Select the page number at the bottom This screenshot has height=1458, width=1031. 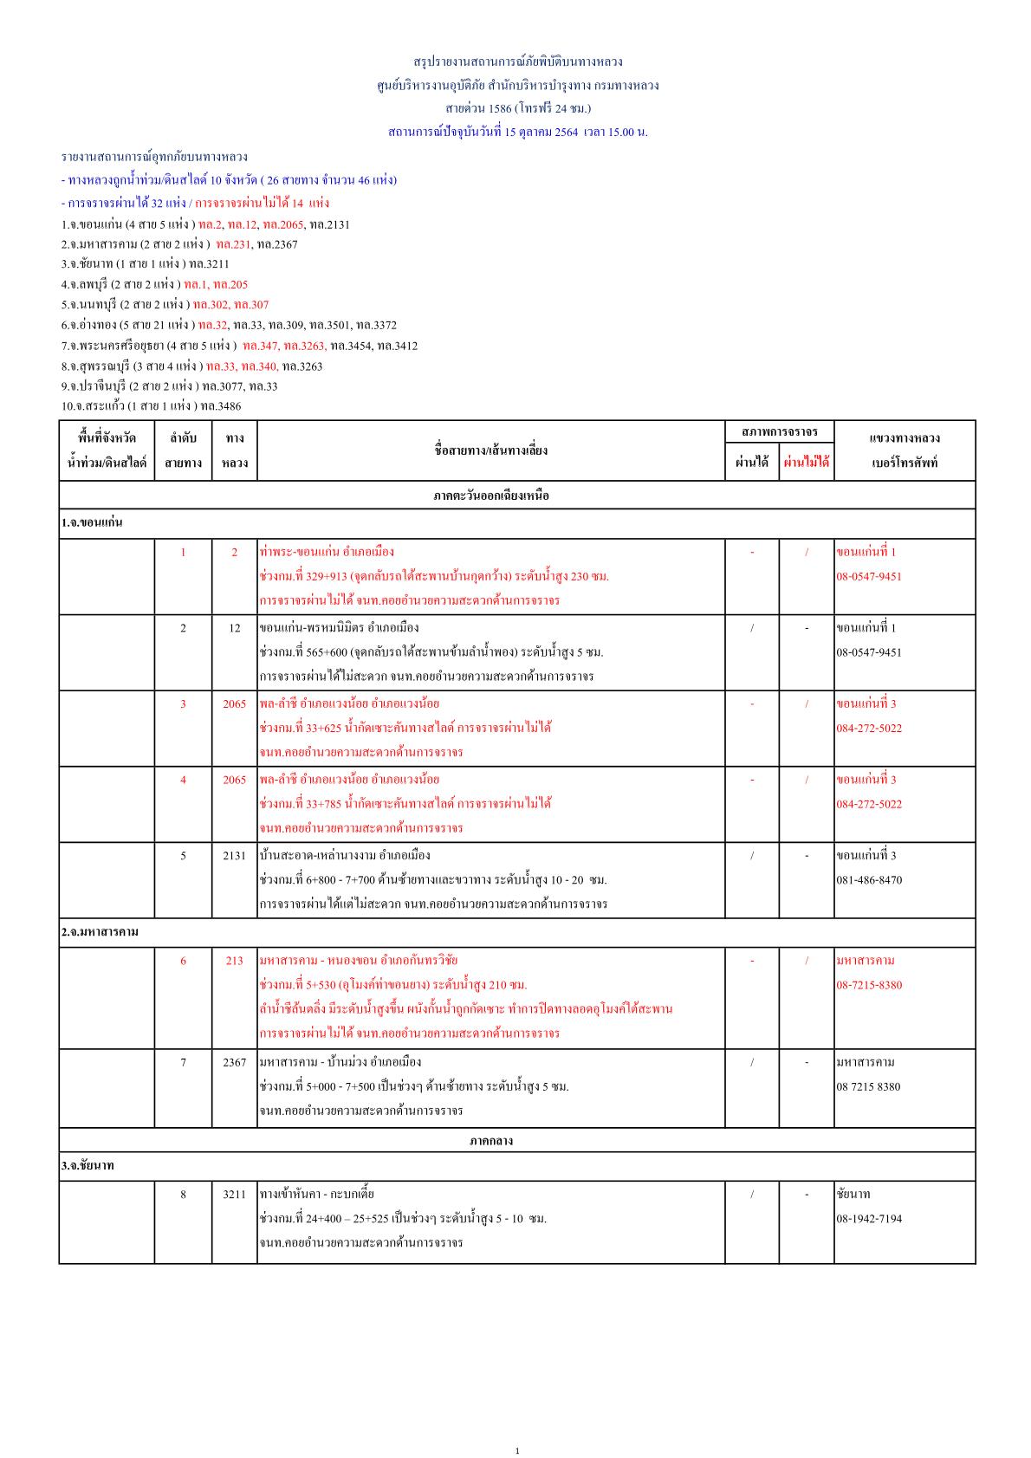point(517,1450)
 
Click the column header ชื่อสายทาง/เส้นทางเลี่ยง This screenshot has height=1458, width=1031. point(490,450)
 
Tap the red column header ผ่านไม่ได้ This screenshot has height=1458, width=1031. point(806,463)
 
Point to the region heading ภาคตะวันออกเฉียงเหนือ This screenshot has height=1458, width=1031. point(491,496)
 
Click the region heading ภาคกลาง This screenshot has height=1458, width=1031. point(491,1140)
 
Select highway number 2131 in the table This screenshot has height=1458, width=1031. point(234,855)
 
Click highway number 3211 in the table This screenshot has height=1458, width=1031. point(234,1194)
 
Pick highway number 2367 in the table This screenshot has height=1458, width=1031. point(234,1061)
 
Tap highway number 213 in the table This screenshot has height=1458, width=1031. point(234,960)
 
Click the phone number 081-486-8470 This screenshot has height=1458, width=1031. point(869,879)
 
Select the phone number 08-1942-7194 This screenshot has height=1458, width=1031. point(869,1218)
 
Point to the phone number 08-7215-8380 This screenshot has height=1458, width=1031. point(869,984)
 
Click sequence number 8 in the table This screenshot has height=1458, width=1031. point(183,1194)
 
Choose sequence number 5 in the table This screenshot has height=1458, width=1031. point(183,855)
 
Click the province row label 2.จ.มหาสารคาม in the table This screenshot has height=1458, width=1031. point(100,931)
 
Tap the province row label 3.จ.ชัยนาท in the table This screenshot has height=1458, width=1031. point(88,1165)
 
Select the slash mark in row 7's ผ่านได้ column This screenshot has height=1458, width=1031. point(751,1061)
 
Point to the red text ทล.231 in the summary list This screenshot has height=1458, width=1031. point(233,244)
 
